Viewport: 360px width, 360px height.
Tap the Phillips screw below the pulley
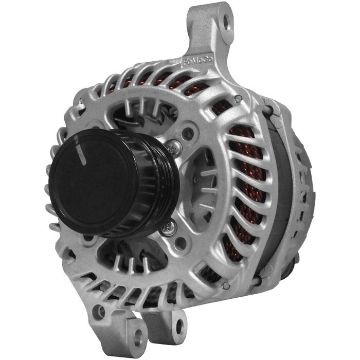(167, 227)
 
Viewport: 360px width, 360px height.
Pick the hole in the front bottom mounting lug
(137, 337)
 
